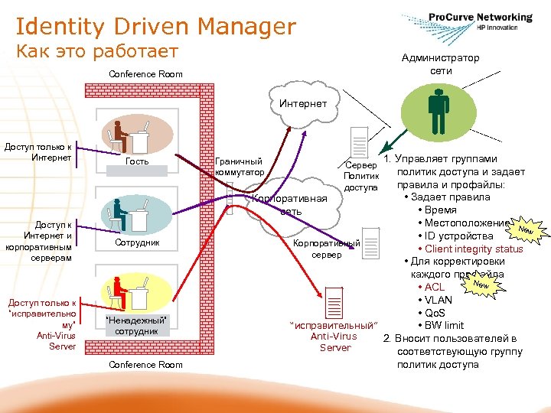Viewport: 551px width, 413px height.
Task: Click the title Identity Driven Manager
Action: tap(155, 28)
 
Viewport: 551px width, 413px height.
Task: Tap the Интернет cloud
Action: tap(303, 104)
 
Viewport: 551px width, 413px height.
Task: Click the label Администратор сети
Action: tap(441, 64)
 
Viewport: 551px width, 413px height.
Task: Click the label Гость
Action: tap(137, 162)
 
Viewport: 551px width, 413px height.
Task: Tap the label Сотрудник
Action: tap(137, 242)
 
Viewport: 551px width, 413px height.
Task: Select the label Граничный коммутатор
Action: tap(240, 167)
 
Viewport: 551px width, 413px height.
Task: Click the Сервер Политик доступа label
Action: tap(361, 176)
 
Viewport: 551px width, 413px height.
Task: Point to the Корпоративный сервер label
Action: tap(327, 249)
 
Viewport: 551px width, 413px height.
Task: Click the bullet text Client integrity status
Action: tap(474, 249)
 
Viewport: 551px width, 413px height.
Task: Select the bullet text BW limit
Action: tap(445, 325)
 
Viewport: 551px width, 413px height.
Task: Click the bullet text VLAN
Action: tap(439, 300)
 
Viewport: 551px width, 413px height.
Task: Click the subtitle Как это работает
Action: tap(97, 52)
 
